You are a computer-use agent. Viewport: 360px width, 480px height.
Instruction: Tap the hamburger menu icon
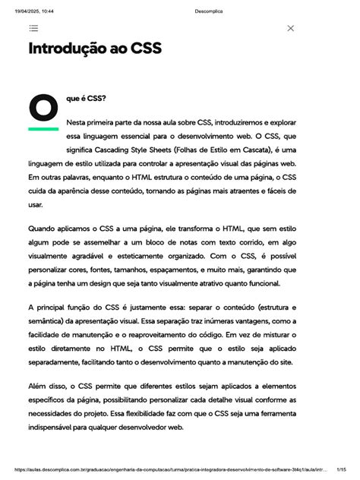pos(33,28)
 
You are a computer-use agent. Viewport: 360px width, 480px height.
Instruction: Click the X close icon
pos(291,28)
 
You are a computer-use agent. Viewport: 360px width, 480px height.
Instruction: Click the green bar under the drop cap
pos(43,128)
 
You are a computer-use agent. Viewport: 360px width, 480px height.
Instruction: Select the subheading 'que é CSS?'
pos(86,99)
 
